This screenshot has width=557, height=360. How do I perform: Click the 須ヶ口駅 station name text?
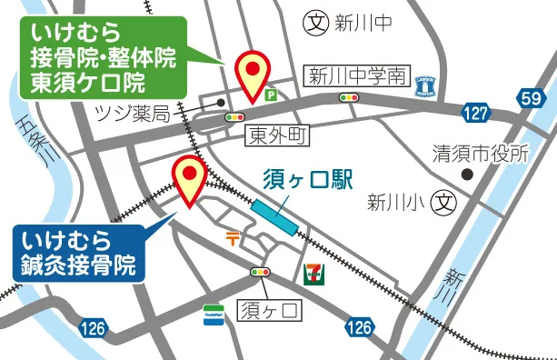307,179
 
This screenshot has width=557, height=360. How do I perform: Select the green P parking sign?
270,94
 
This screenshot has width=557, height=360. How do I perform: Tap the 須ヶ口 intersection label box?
268,312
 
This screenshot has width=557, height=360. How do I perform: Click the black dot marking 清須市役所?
466,173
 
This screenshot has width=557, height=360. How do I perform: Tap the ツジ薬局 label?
133,113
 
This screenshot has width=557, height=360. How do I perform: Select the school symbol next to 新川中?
314,20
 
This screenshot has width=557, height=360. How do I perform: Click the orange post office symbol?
234,237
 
